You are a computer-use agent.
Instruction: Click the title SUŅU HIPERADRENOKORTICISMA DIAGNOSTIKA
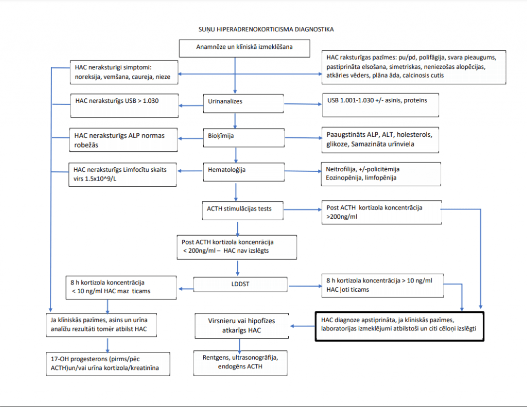(266, 29)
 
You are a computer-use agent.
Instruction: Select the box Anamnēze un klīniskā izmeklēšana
(244, 48)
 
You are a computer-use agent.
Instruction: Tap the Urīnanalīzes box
(242, 101)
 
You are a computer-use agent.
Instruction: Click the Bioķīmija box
(242, 137)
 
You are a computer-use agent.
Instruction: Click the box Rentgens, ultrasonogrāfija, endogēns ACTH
(240, 363)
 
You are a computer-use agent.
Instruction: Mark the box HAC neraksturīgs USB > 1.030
(124, 105)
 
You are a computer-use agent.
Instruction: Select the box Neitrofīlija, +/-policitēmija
(380, 174)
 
